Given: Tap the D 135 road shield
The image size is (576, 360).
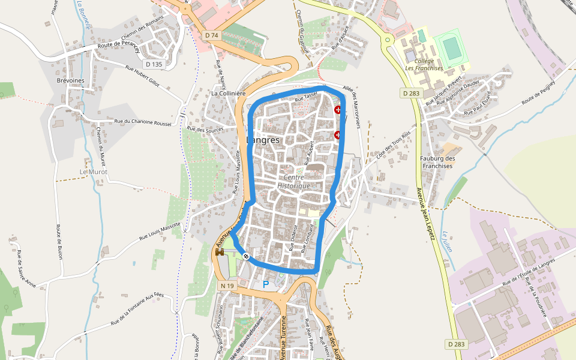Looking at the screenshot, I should (x=154, y=64).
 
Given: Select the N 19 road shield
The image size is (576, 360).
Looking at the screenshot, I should (x=227, y=286).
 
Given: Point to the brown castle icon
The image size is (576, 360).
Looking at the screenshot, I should (x=220, y=253).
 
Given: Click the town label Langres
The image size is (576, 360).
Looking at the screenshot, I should (x=263, y=140).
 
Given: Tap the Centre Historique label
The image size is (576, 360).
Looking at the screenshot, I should (x=294, y=182).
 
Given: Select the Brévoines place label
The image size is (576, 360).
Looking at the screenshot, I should (x=70, y=80).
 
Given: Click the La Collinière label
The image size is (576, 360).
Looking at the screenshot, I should (x=229, y=94).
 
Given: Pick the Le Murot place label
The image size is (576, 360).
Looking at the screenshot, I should (x=94, y=172).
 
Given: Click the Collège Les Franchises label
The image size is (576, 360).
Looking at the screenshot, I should (x=424, y=64).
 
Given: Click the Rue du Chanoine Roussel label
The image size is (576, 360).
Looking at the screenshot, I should (x=144, y=122).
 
